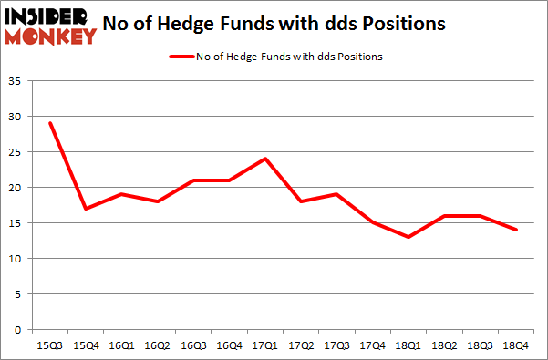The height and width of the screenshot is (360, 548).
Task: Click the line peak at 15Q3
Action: (x=50, y=123)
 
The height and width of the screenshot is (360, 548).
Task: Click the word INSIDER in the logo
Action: (x=49, y=16)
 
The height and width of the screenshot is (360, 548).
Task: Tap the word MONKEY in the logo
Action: (x=49, y=36)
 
